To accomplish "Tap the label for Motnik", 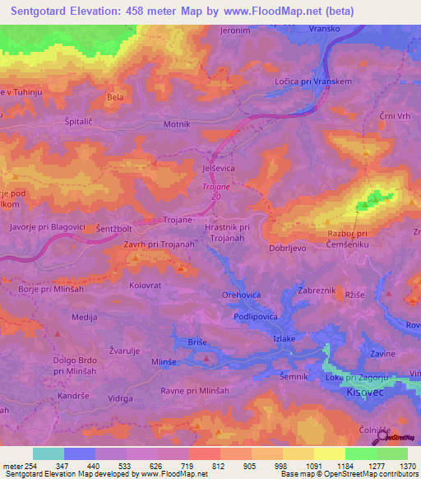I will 177,124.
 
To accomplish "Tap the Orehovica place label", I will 242,294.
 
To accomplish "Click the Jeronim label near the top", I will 235,30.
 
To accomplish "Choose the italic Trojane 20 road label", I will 211,191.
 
